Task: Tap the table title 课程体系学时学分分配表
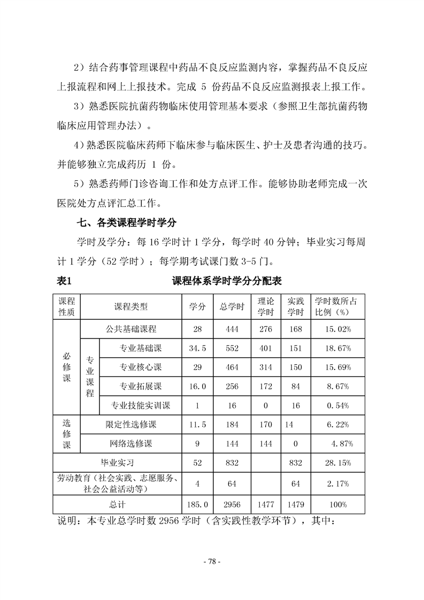(x=227, y=281)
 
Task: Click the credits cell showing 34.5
(x=197, y=349)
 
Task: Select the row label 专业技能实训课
(x=140, y=405)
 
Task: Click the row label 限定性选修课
(x=131, y=425)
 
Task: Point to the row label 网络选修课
(x=131, y=444)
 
